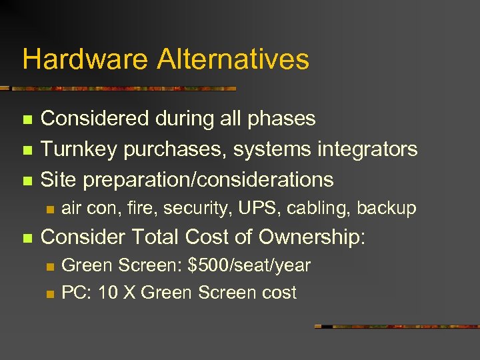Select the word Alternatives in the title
[233, 59]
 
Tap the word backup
[387, 209]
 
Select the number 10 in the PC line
[107, 293]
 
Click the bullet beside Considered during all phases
[27, 120]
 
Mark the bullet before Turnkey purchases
[27, 150]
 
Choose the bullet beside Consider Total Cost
[27, 237]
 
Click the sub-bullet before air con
[49, 209]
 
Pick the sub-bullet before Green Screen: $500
[49, 266]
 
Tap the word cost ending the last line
[279, 293]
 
